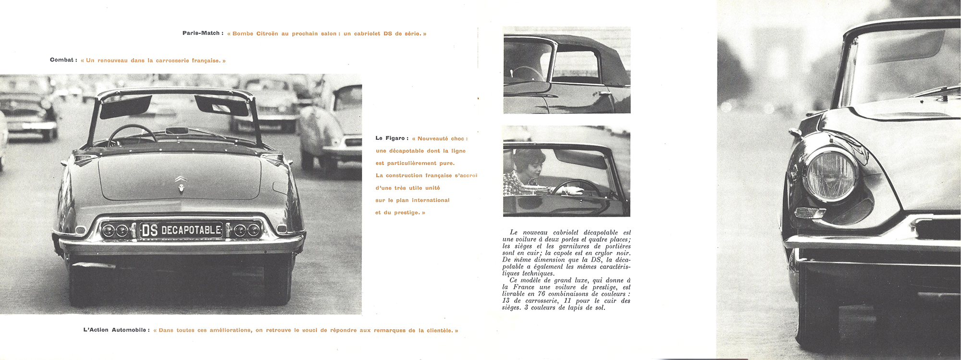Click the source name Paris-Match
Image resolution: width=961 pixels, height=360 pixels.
coord(201,34)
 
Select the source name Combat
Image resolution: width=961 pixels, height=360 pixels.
coord(62,61)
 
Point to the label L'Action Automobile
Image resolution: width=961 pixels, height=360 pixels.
coord(116,331)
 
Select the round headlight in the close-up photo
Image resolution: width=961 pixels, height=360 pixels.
coord(830,174)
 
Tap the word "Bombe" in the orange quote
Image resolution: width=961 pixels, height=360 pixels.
coord(243,34)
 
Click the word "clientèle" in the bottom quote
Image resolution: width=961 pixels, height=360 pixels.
coord(439,331)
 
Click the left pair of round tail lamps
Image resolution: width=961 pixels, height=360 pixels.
coord(115,230)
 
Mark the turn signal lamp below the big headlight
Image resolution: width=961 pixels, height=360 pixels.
coord(810,212)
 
